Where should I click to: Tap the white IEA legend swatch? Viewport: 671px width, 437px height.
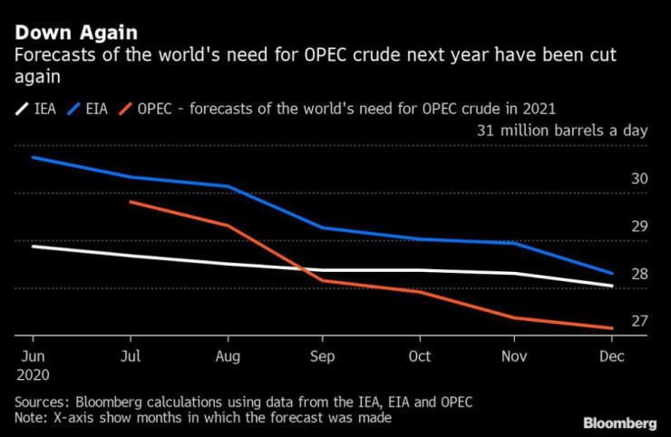click(21, 109)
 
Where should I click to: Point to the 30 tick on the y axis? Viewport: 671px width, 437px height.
click(639, 179)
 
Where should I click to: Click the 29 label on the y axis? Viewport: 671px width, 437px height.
click(639, 226)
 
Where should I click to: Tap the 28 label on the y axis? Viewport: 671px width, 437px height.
click(639, 274)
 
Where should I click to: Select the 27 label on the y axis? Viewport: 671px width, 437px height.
click(639, 321)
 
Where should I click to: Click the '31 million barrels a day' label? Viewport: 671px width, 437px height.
click(562, 131)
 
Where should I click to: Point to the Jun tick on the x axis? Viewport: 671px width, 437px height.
click(34, 354)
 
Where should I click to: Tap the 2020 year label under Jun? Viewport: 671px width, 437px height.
click(34, 373)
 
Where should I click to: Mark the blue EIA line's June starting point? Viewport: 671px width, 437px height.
click(34, 158)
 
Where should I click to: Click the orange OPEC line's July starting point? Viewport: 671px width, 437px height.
click(130, 201)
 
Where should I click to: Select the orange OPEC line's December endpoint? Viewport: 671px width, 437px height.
click(612, 328)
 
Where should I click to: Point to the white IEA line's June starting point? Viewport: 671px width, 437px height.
click(34, 246)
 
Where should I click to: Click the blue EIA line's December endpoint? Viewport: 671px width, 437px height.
click(612, 273)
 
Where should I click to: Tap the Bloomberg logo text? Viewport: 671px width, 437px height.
click(619, 422)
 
